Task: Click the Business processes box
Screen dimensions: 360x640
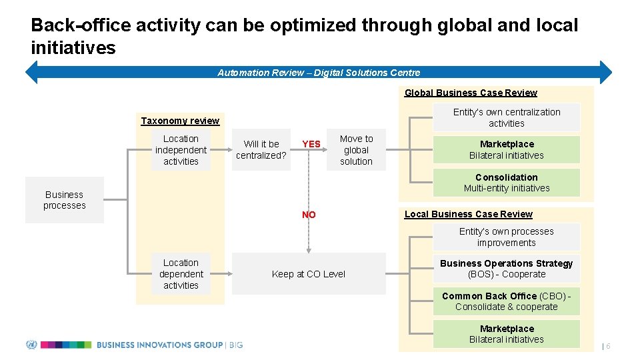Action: pyautogui.click(x=65, y=200)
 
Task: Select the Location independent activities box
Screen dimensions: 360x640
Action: pyautogui.click(x=181, y=151)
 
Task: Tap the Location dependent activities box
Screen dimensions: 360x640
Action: pyautogui.click(x=181, y=274)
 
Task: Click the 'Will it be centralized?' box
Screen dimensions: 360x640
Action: pyautogui.click(x=261, y=149)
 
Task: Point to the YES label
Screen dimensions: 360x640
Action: pyautogui.click(x=311, y=144)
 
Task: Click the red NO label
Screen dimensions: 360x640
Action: pyautogui.click(x=309, y=215)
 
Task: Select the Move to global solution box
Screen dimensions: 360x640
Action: pyautogui.click(x=356, y=150)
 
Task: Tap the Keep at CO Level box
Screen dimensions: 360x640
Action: pyautogui.click(x=309, y=274)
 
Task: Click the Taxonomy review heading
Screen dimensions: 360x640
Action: pyautogui.click(x=180, y=121)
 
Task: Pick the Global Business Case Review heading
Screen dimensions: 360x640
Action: pyautogui.click(x=471, y=93)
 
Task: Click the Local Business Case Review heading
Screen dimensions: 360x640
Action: pyautogui.click(x=469, y=214)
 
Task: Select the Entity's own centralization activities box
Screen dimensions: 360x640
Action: pyautogui.click(x=507, y=117)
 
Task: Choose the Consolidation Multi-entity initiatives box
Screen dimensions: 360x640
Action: pyautogui.click(x=507, y=183)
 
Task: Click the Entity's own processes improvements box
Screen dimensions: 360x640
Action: pyautogui.click(x=507, y=237)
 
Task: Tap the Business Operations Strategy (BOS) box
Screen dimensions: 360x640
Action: pyautogui.click(x=507, y=269)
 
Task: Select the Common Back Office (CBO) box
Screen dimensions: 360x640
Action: pyautogui.click(x=507, y=301)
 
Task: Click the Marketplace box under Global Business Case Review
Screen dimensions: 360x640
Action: pyautogui.click(x=507, y=149)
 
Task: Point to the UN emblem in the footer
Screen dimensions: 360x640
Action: pyautogui.click(x=31, y=345)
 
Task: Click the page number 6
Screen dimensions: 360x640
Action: pyautogui.click(x=608, y=346)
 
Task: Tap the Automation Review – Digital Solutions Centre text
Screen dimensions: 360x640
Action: pyautogui.click(x=319, y=73)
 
